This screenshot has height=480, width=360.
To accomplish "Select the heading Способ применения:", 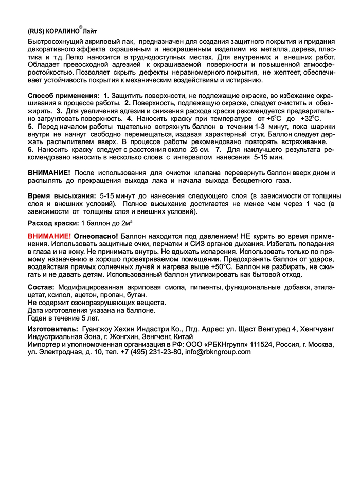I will point(64,96).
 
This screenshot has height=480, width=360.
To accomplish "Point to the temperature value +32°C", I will point(311,118).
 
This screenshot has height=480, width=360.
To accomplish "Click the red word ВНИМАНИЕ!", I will point(49,235).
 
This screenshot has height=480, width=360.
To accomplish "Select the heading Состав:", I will point(41,287).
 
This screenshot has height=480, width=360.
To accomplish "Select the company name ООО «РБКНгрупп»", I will point(209,344).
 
